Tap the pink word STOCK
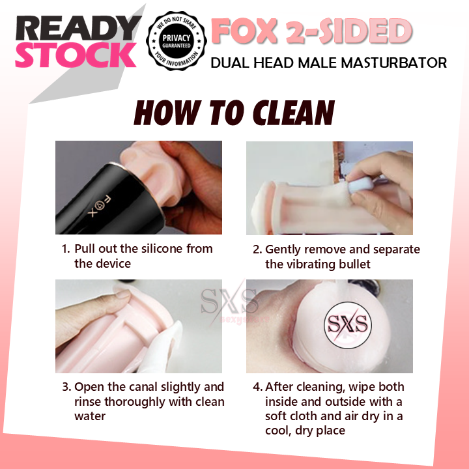click(x=76, y=56)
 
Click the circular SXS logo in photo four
click(x=346, y=324)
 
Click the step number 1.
click(x=65, y=249)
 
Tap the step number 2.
click(x=257, y=249)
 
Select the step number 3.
click(x=65, y=387)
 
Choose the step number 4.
click(x=257, y=387)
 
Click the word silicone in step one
click(x=156, y=249)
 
